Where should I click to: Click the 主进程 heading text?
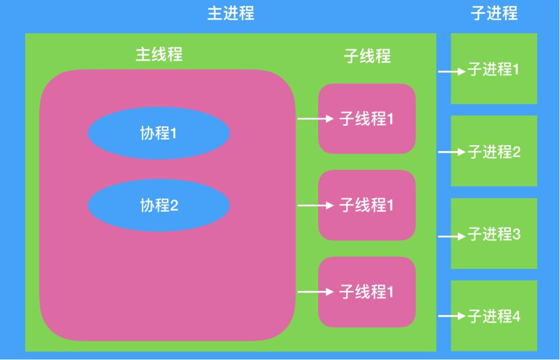231,13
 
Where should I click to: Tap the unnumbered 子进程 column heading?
494,13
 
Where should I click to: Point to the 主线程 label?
159,54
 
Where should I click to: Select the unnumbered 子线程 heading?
367,56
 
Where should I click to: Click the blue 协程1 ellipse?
159,133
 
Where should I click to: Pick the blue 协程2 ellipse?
159,205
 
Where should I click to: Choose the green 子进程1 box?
494,69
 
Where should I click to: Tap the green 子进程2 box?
494,152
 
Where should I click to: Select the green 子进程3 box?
494,234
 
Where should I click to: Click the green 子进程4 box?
494,316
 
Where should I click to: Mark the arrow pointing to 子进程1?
451,71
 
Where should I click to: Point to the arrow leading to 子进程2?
451,152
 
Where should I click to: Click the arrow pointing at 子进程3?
451,235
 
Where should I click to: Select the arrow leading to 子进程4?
451,317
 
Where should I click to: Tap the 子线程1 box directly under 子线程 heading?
367,119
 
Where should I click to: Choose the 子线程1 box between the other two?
367,205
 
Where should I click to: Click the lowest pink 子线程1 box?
367,292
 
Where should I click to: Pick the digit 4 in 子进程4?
516,317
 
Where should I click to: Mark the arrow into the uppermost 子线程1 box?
315,118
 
